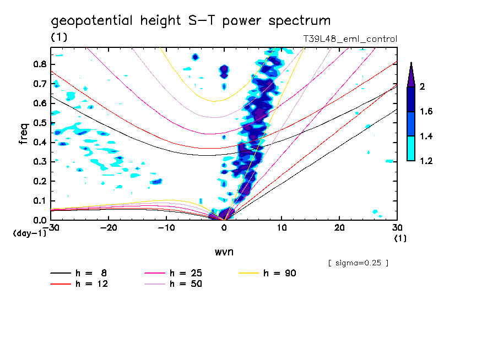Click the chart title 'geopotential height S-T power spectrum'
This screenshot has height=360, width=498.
(x=191, y=21)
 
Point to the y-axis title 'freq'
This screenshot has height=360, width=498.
(x=24, y=133)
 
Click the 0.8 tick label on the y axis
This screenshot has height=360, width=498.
(x=40, y=64)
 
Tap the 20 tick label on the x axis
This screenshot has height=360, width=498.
(x=339, y=228)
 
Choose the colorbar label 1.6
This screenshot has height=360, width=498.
(x=426, y=112)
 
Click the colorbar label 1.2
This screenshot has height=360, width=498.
(x=426, y=161)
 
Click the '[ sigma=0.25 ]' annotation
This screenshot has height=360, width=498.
(x=358, y=263)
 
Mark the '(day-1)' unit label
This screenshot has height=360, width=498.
(x=29, y=233)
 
